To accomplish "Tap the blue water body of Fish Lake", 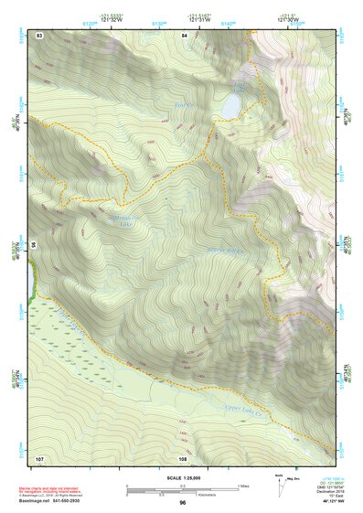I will click(x=230, y=107).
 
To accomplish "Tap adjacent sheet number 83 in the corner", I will click(x=39, y=34).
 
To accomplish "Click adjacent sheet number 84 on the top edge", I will click(x=184, y=34).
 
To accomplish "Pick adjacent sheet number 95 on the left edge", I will click(x=34, y=246).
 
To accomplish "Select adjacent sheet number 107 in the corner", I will click(x=39, y=457).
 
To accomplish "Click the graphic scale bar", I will click(x=183, y=488).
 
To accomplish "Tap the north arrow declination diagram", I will click(x=278, y=485).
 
